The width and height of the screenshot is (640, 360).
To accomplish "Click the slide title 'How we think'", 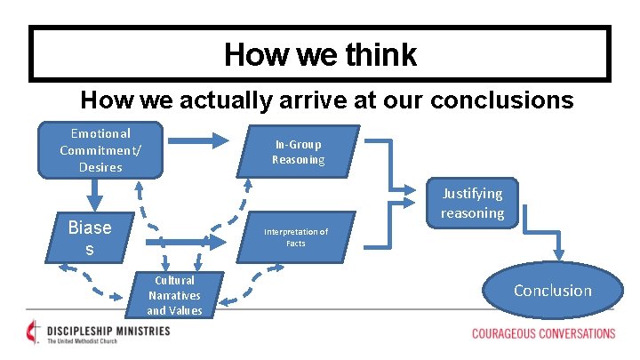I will click(320, 55).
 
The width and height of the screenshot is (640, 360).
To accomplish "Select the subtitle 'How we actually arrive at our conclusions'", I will click(327, 99).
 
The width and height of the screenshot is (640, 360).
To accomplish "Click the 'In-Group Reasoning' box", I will click(299, 152).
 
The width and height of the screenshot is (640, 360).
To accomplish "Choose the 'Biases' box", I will click(90, 238).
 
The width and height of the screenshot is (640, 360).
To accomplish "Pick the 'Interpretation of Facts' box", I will click(295, 237).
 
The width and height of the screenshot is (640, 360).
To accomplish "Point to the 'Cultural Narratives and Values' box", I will click(174, 295).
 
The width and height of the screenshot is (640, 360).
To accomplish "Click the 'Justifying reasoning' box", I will click(472, 204).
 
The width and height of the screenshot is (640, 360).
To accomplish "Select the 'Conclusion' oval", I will click(552, 291).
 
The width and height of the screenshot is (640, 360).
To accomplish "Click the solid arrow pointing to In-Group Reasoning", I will click(200, 140).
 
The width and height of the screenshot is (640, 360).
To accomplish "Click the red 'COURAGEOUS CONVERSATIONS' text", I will click(543, 334).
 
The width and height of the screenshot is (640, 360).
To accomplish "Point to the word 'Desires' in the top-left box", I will click(100, 167).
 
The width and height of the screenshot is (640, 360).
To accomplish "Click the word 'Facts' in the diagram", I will click(295, 244).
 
